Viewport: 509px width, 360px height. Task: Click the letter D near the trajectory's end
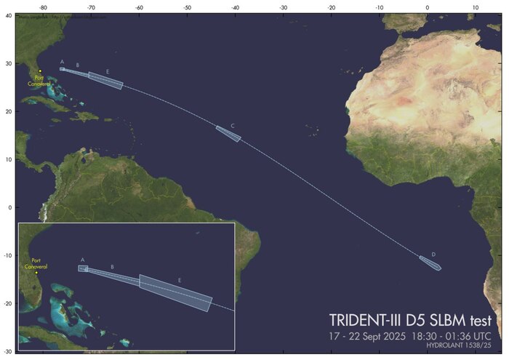tap(433, 254)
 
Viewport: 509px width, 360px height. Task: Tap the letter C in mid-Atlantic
tap(232, 126)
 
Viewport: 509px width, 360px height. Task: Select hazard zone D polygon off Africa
tap(430, 263)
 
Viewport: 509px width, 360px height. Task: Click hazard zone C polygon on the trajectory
tap(228, 134)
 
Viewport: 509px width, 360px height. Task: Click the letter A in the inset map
tap(82, 260)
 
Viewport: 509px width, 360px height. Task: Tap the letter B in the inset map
tap(112, 267)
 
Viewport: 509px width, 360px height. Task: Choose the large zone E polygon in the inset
tap(176, 292)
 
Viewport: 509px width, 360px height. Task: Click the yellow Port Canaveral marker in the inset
tap(36, 273)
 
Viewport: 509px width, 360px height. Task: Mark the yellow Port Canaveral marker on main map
tap(41, 71)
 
